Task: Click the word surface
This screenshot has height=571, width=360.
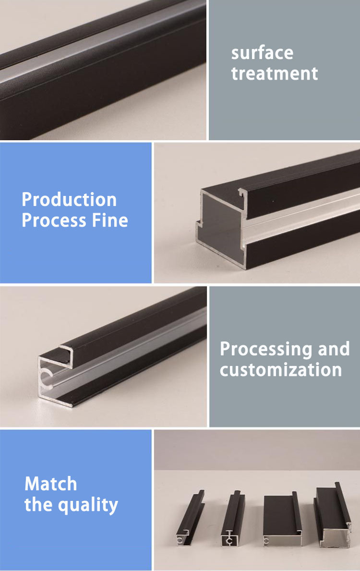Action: (262, 53)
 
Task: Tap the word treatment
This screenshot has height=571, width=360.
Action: (275, 73)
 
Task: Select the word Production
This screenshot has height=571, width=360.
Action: (69, 200)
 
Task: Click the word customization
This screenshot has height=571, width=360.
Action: (281, 370)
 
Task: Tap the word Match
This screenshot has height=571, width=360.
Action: (50, 484)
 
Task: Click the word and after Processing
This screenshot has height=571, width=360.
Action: (334, 349)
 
